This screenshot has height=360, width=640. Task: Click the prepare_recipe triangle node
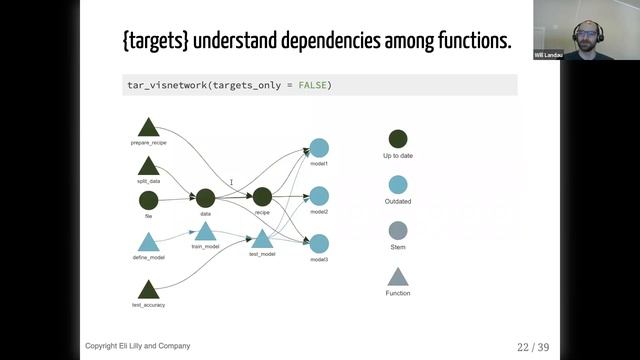click(x=148, y=128)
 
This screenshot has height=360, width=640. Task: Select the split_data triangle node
click(x=148, y=166)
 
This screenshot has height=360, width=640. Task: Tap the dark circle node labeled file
click(x=148, y=200)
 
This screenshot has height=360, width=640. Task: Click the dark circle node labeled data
click(x=205, y=198)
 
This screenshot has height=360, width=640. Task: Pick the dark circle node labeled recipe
click(x=262, y=198)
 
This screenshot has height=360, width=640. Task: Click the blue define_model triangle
click(x=148, y=242)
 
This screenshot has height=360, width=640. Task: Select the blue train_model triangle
click(x=205, y=232)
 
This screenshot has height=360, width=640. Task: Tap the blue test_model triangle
click(x=262, y=238)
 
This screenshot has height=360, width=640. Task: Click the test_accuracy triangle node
click(x=148, y=290)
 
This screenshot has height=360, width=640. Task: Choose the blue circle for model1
click(x=319, y=148)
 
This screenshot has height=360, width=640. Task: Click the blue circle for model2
click(x=319, y=196)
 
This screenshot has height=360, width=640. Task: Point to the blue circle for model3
click(x=319, y=244)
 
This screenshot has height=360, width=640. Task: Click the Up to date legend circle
click(x=398, y=140)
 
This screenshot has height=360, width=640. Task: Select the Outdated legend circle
click(x=398, y=185)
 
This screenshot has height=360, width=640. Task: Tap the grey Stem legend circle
click(x=398, y=230)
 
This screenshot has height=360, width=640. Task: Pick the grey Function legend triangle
click(x=398, y=276)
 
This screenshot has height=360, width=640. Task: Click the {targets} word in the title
click(x=156, y=42)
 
